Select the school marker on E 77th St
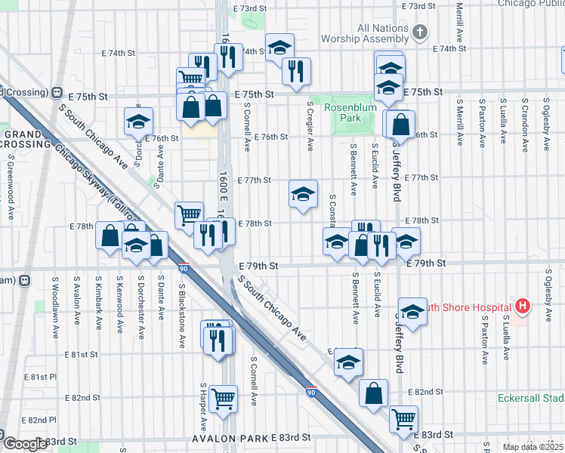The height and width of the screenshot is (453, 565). pyautogui.click(x=303, y=195)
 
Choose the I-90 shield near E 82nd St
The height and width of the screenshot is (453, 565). pyautogui.click(x=311, y=393)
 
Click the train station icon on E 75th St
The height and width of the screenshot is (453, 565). pyautogui.click(x=56, y=92)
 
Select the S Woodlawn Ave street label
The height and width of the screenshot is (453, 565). pyautogui.click(x=55, y=300)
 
